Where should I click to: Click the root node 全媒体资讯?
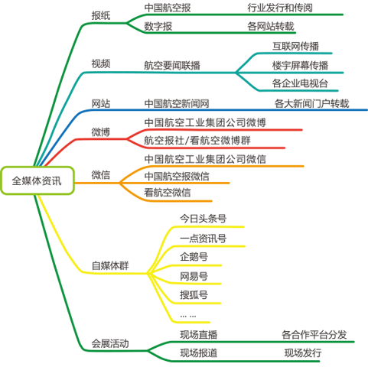pyautogui.click(x=37, y=180)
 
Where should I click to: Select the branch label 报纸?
pyautogui.click(x=101, y=16)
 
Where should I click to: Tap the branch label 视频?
pyautogui.click(x=101, y=63)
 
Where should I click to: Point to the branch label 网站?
pyautogui.click(x=101, y=103)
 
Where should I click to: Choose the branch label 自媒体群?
pyautogui.click(x=110, y=265)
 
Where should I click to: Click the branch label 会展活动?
pyautogui.click(x=110, y=343)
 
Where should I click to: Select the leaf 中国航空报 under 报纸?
pyautogui.click(x=168, y=8)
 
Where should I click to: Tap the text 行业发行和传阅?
pyautogui.click(x=280, y=8)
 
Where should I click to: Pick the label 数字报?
pyautogui.click(x=158, y=26)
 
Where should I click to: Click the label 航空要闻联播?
pyautogui.click(x=172, y=66)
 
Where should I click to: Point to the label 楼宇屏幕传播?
pyautogui.click(x=300, y=66)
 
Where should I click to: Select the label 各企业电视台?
pyautogui.click(x=300, y=83)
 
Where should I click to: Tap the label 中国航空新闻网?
pyautogui.click(x=177, y=103)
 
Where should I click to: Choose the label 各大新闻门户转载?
pyautogui.click(x=311, y=103)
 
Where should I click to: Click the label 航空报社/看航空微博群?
pyautogui.click(x=197, y=141)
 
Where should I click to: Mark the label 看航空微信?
pyautogui.click(x=168, y=193)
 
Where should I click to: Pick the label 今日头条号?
pyautogui.click(x=204, y=219)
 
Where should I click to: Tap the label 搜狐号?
pyautogui.click(x=194, y=295)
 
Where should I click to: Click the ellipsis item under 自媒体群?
pyautogui.click(x=188, y=317)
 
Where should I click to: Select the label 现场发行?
pyautogui.click(x=303, y=353)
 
